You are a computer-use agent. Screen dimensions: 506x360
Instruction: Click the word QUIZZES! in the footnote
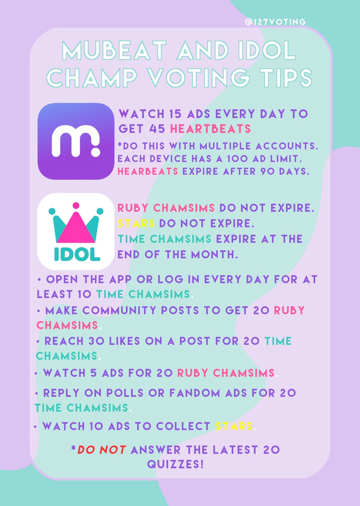coord(175,465)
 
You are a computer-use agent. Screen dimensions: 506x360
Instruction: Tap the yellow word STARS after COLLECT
coord(234,426)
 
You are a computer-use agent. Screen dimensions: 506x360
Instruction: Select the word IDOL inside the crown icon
coord(76,254)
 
